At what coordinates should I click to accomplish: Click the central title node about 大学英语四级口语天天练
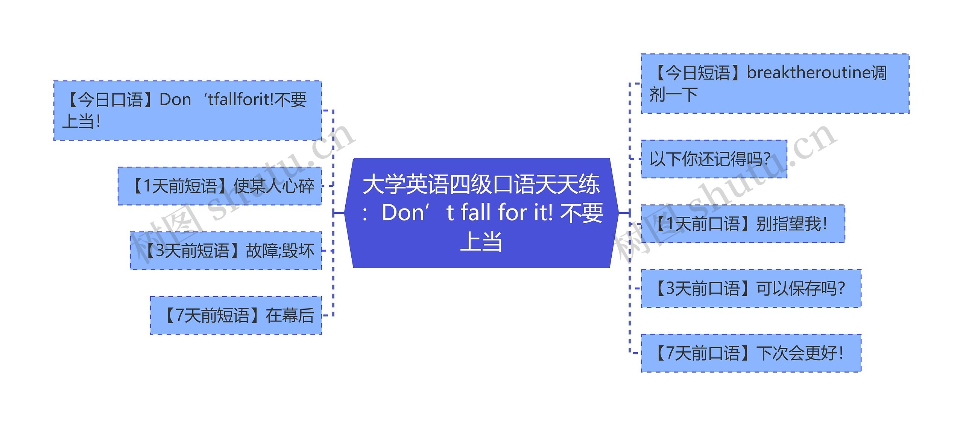click(481, 213)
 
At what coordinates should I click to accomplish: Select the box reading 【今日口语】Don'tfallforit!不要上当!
click(187, 110)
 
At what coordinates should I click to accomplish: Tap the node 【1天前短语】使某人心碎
click(220, 186)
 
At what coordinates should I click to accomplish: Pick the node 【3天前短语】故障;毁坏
click(226, 251)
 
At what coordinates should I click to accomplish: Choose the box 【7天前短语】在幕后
click(236, 315)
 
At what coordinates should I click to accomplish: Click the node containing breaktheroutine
click(775, 84)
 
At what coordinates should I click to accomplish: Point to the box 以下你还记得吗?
click(714, 159)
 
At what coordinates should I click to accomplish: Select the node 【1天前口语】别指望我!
click(743, 224)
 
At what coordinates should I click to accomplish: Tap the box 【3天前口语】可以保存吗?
click(751, 289)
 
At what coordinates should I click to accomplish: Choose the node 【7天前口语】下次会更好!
click(751, 353)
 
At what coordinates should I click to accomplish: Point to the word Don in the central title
click(403, 213)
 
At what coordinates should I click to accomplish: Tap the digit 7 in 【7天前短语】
click(180, 315)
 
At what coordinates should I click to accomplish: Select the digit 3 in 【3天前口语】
click(670, 289)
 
